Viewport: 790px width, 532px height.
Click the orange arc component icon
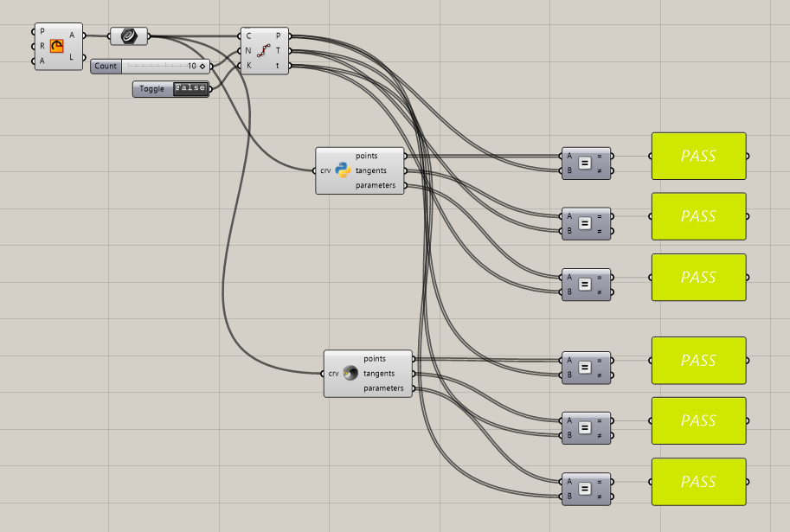(x=57, y=46)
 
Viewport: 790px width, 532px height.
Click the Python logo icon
(x=343, y=170)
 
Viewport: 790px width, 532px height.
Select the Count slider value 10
(x=191, y=66)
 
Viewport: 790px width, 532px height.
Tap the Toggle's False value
(x=190, y=88)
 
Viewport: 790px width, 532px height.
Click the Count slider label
(x=106, y=66)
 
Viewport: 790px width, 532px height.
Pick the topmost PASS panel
(x=697, y=157)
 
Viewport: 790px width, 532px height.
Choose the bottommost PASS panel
(x=697, y=482)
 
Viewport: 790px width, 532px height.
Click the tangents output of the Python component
(x=371, y=170)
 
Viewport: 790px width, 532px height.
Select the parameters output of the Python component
(x=375, y=185)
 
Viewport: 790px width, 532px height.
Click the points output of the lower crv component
(x=375, y=358)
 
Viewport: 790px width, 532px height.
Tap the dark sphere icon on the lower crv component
(x=350, y=374)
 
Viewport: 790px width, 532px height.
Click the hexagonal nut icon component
(x=129, y=35)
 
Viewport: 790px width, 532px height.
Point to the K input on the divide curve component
(x=248, y=65)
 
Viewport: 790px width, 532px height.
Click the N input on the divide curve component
(x=248, y=50)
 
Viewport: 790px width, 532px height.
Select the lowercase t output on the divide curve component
(x=278, y=65)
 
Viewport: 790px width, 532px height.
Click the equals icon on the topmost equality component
(x=585, y=163)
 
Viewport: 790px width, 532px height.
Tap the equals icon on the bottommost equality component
(x=585, y=489)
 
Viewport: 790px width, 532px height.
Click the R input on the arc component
(x=42, y=46)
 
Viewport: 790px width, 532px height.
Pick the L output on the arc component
(x=72, y=58)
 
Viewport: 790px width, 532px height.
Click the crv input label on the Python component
(x=325, y=170)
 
